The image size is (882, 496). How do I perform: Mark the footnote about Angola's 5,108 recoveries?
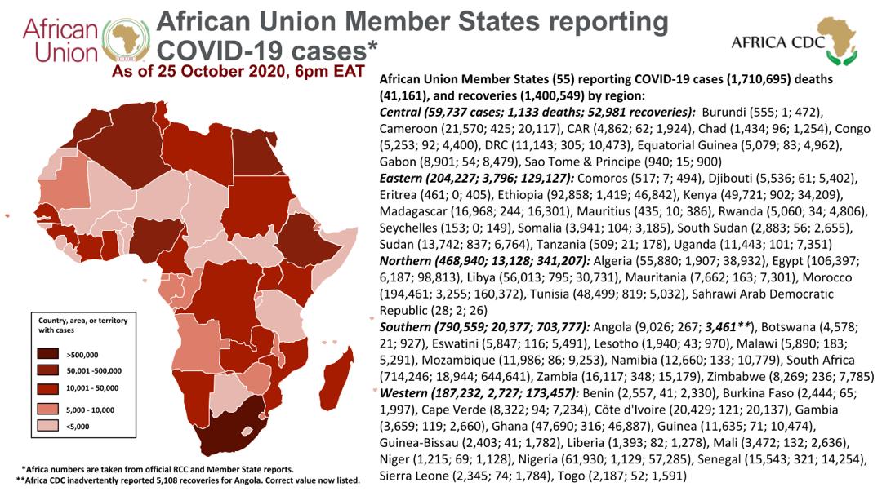click(188, 480)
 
